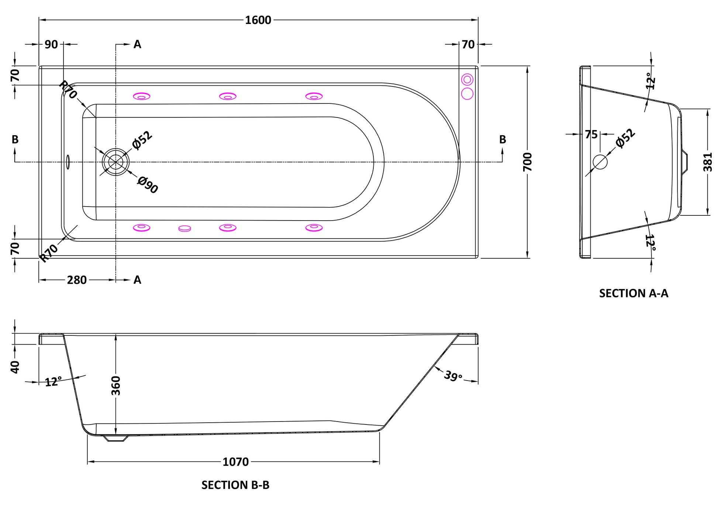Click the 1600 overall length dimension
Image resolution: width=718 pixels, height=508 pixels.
[x=258, y=20]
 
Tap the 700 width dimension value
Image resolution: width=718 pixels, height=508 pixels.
[x=528, y=162]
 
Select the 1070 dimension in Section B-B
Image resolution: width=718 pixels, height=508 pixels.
[x=235, y=462]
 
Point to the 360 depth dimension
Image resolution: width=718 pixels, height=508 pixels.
[x=116, y=385]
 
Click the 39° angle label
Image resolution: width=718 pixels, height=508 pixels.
[x=453, y=376]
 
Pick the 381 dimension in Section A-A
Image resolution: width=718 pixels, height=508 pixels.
[x=708, y=162]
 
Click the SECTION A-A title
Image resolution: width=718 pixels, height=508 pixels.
[x=634, y=293]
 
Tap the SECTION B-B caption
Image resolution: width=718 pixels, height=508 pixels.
[x=235, y=485]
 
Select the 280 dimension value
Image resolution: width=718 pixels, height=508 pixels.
[x=77, y=280]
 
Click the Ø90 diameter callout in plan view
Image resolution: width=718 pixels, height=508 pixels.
[x=148, y=185]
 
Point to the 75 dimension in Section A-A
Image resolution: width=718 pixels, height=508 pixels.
[x=591, y=134]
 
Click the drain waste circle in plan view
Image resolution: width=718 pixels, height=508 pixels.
[x=116, y=161]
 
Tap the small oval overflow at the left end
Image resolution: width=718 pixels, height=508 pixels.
[x=68, y=161]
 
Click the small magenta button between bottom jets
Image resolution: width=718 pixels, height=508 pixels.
[x=184, y=229]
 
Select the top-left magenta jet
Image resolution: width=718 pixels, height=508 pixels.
[x=141, y=96]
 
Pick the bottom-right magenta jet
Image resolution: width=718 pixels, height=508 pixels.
[x=314, y=228]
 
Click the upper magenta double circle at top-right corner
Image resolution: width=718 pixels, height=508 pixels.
[x=467, y=79]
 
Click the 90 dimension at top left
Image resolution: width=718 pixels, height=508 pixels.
[x=51, y=44]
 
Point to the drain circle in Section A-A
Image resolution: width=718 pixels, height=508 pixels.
[x=600, y=162]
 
